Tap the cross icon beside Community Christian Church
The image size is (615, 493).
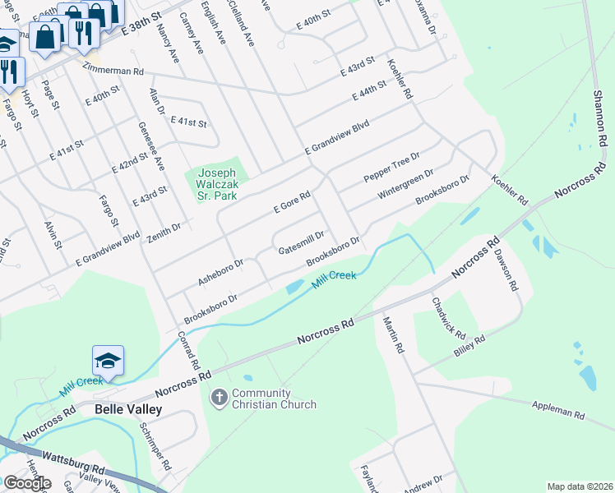[x=220, y=398]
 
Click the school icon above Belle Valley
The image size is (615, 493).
[x=108, y=360]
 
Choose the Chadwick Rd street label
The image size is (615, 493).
[x=449, y=319]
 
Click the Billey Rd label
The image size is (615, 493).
[x=471, y=343]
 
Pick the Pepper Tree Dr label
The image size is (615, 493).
[x=391, y=168]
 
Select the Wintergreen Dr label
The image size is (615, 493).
[x=405, y=186]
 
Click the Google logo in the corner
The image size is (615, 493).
[x=27, y=483]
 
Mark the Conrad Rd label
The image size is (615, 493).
[x=188, y=349]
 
